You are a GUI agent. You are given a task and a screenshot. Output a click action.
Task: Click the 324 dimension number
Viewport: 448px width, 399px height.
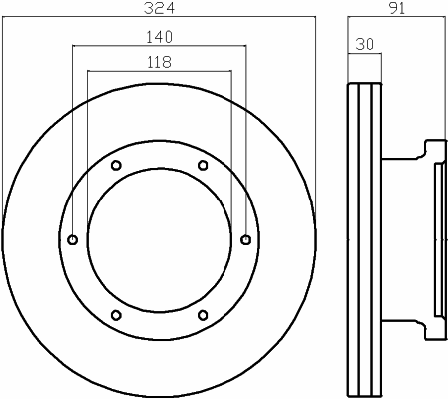click(159, 8)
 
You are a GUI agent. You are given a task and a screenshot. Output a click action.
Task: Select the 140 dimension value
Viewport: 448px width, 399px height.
click(160, 37)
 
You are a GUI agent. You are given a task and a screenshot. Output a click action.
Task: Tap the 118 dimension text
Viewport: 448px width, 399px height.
click(160, 62)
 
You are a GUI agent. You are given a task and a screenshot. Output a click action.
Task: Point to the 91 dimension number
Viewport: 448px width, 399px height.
click(397, 8)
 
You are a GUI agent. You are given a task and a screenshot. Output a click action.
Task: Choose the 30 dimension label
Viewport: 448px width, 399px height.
click(365, 44)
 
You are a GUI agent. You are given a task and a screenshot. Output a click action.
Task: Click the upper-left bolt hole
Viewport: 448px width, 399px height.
click(116, 165)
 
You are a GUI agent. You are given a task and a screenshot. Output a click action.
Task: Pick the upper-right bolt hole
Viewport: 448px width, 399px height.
click(203, 165)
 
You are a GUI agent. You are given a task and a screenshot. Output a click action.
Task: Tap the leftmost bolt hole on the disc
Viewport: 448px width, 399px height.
click(73, 239)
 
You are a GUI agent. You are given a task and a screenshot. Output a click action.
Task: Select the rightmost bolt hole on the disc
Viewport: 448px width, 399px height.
click(246, 239)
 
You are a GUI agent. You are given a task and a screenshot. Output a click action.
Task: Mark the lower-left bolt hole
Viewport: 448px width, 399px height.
click(116, 315)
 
